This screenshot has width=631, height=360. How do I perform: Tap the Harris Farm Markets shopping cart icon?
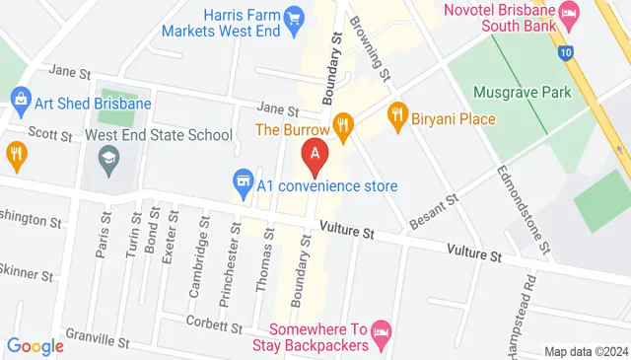tap(293, 17)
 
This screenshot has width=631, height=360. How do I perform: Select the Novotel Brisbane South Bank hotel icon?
tap(568, 13)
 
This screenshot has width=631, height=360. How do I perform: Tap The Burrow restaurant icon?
tap(343, 124)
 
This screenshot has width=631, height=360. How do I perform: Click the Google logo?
tap(35, 346)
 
